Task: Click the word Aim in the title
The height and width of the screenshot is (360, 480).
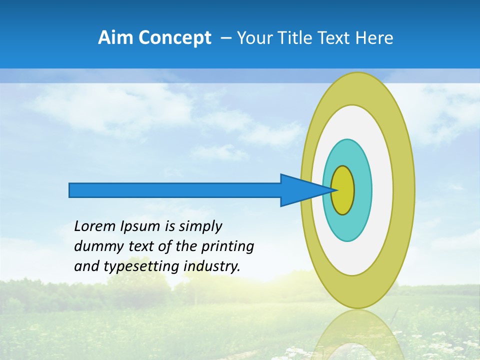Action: point(115,38)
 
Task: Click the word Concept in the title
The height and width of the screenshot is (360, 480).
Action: point(174,38)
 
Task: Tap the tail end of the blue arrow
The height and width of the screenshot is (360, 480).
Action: point(70,190)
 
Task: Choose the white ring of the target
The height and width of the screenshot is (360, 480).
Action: point(382,190)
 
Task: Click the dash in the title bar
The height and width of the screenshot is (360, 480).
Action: point(225,38)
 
